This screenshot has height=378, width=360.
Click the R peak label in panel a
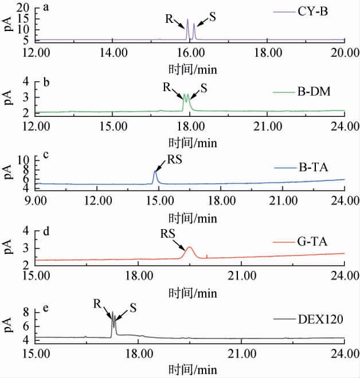pos(169,18)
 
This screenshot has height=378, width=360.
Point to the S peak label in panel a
pos(212,17)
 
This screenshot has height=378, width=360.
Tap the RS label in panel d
pos(167,234)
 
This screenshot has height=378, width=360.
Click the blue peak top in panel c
pos(154,171)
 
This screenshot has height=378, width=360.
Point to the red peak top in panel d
pos(189,247)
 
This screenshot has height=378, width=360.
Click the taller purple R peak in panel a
pos(187,20)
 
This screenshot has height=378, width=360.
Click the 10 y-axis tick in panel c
pos(24,159)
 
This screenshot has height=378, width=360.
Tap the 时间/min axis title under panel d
pos(193,293)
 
